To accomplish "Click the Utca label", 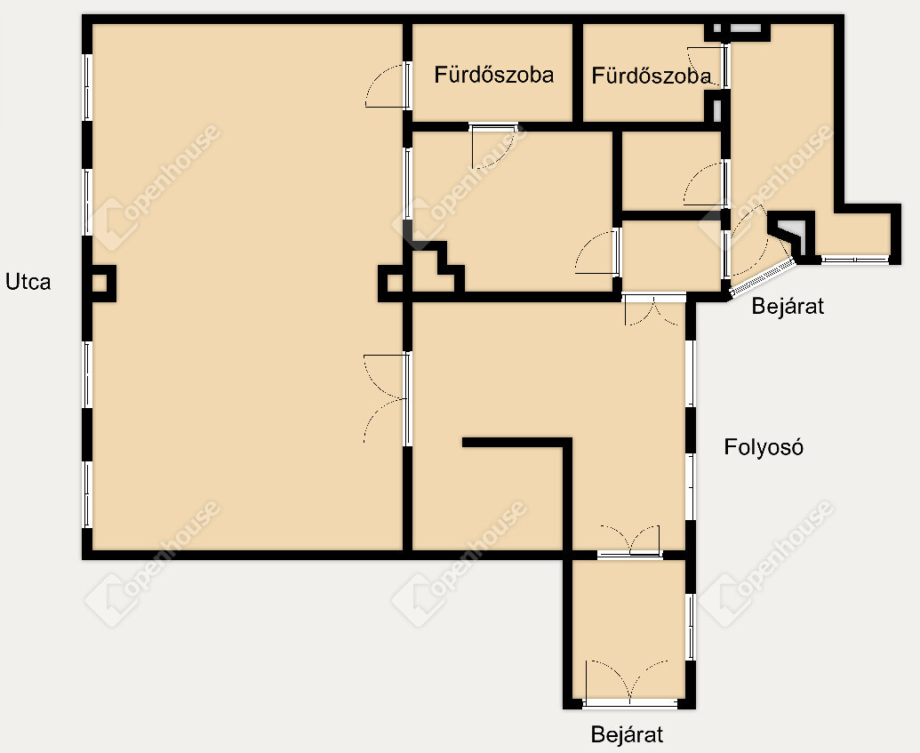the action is click(28, 283).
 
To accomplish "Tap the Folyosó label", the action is click(764, 447).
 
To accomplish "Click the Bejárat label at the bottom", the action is click(627, 734).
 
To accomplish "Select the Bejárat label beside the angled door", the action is click(788, 306).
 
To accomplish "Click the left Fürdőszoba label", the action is click(494, 76).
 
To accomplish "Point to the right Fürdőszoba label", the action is click(652, 76).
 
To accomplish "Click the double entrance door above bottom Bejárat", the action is click(629, 682).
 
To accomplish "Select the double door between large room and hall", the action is click(386, 398).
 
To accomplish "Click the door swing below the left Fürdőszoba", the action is click(492, 147).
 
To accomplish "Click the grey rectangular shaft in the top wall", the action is click(746, 28).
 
